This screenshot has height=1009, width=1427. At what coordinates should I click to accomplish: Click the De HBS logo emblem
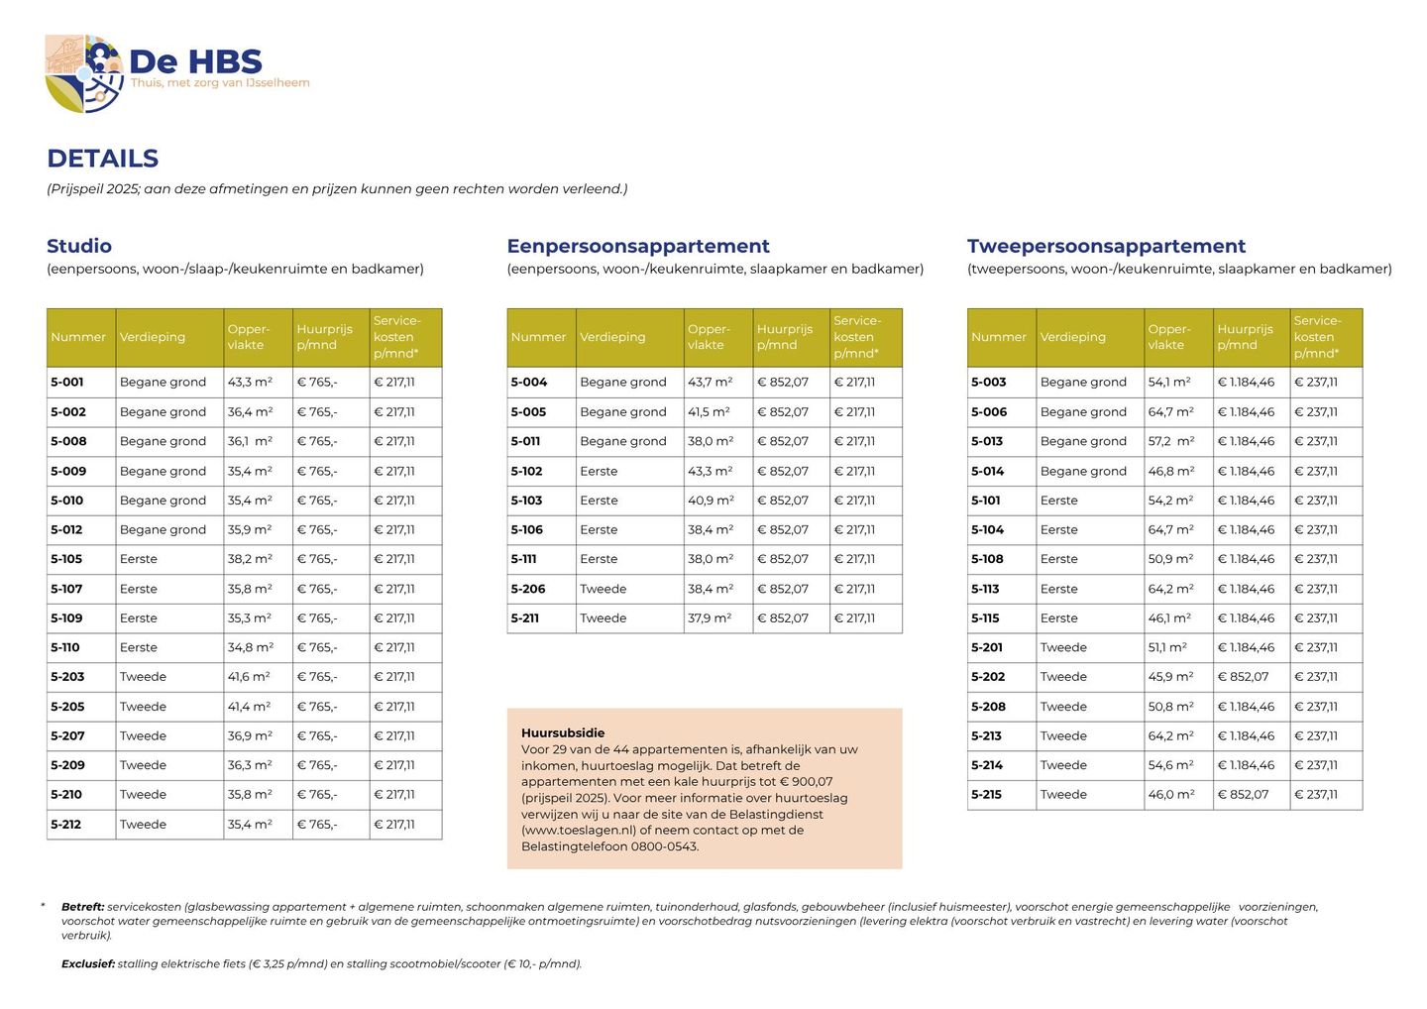click(83, 73)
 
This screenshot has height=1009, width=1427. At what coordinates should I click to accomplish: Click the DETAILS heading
click(102, 159)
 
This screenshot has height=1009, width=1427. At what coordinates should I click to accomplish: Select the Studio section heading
click(79, 246)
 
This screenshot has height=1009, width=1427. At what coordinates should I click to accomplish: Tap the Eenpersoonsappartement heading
click(638, 246)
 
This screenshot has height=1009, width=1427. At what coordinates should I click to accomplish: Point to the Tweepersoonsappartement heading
click(1106, 246)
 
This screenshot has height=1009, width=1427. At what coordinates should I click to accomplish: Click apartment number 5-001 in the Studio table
click(67, 382)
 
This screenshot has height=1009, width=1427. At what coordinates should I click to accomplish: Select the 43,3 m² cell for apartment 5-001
click(250, 382)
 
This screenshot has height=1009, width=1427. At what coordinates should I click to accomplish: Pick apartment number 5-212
click(67, 824)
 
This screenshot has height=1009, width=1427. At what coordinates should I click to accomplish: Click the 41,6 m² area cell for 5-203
click(249, 677)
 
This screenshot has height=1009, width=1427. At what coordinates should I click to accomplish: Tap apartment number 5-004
click(528, 382)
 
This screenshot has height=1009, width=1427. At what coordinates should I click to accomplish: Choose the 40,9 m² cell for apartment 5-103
click(711, 501)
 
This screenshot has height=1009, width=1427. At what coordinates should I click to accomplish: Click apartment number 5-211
click(525, 618)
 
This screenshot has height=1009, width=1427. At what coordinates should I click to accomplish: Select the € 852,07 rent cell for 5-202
click(1243, 677)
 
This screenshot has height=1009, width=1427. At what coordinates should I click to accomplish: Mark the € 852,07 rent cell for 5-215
click(1243, 795)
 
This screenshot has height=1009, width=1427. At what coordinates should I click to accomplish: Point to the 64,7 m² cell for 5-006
click(1170, 411)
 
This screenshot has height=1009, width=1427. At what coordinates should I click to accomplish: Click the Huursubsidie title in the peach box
click(563, 733)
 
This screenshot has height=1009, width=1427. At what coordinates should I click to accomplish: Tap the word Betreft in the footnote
click(82, 907)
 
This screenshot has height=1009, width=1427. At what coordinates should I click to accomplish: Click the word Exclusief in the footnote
click(88, 963)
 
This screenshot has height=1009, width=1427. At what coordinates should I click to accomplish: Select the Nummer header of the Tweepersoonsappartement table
click(999, 337)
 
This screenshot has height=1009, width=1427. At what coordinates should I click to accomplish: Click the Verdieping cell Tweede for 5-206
click(604, 589)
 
